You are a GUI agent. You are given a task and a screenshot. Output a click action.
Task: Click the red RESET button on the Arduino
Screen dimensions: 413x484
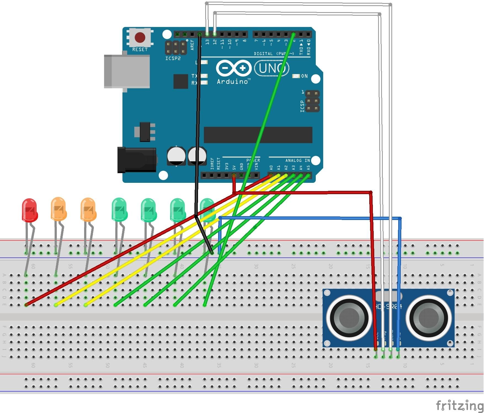140,37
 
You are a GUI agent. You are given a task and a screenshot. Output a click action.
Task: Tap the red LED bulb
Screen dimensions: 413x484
30,210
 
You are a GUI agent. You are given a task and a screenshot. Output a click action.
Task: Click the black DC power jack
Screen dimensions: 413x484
137,160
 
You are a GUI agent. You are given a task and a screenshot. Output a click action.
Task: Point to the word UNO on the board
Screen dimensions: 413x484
272,68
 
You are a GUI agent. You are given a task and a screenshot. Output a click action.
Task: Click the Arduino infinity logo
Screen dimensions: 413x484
234,68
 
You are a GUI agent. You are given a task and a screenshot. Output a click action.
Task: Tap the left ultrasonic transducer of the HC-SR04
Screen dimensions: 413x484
349,317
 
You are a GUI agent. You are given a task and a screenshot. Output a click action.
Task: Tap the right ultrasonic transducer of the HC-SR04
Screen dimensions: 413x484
429,317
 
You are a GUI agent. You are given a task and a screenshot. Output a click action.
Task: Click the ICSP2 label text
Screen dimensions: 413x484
173,58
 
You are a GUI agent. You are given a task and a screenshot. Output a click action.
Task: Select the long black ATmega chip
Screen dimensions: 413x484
258,135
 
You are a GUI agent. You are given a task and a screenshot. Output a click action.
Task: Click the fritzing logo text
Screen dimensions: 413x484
459,406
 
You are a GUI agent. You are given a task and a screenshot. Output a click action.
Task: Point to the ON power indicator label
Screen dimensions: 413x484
304,76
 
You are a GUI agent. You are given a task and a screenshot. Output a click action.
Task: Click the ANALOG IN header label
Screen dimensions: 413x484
297,160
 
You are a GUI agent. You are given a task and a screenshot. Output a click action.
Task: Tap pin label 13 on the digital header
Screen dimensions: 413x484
207,42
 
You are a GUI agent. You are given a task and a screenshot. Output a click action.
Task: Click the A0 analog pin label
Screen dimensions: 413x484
271,168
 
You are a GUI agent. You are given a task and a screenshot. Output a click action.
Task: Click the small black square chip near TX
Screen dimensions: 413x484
181,81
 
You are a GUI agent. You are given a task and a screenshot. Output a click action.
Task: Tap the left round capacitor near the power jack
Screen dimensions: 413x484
176,156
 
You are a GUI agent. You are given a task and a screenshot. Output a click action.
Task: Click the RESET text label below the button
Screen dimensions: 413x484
140,50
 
